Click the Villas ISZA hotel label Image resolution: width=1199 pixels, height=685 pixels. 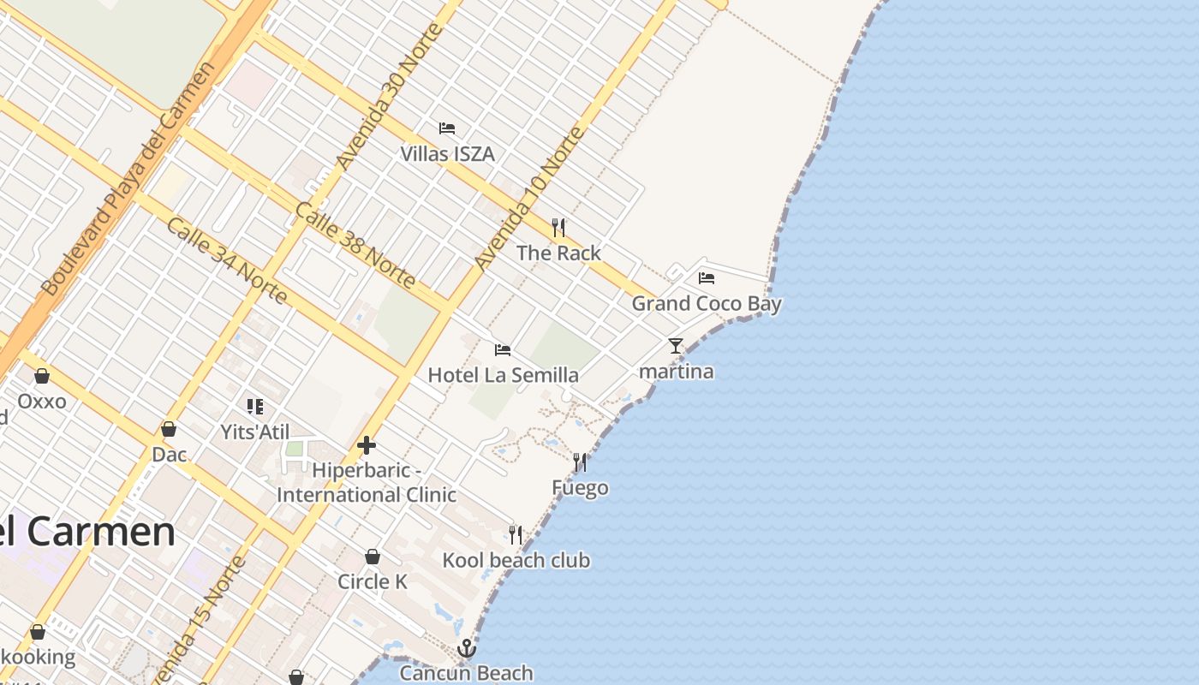click(x=447, y=154)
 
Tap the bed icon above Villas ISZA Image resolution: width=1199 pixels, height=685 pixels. click(x=447, y=128)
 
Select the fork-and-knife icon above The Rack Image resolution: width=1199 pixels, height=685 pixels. click(x=558, y=227)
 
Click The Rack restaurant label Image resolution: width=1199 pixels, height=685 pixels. click(x=558, y=253)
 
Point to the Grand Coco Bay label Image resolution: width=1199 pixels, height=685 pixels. click(x=707, y=304)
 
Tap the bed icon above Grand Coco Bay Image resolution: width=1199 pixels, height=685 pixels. click(x=707, y=277)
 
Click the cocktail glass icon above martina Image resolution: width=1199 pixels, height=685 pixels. click(x=676, y=346)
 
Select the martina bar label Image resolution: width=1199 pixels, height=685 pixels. click(x=677, y=372)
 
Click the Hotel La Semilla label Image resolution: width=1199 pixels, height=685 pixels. click(x=503, y=375)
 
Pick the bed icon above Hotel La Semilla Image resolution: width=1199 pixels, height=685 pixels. click(x=503, y=350)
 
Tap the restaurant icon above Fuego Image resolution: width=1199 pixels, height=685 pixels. click(x=580, y=462)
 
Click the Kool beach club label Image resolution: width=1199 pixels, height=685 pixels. click(x=516, y=561)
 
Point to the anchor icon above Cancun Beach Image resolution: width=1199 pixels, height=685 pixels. click(x=466, y=648)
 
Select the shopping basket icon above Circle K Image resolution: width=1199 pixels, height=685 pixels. click(x=372, y=557)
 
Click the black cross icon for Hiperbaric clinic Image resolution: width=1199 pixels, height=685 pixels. click(x=367, y=445)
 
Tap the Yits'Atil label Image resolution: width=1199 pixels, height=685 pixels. click(x=255, y=432)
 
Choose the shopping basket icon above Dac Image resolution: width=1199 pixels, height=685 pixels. click(x=169, y=429)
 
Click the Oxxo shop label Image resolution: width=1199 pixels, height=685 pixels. click(x=41, y=402)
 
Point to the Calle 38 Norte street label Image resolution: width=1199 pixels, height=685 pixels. click(x=355, y=245)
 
